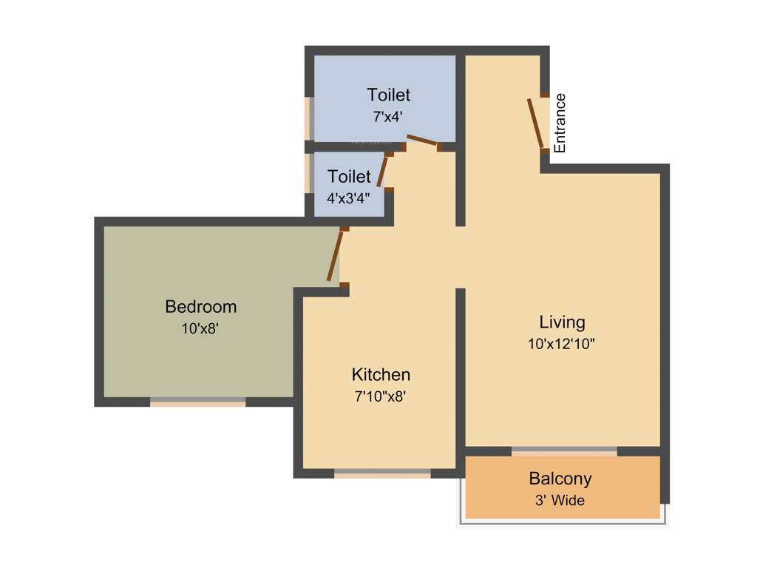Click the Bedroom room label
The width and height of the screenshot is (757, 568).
pos(200,306)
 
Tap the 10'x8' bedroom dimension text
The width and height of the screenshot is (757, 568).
pos(200,329)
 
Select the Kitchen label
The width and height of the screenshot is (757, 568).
pos(381,374)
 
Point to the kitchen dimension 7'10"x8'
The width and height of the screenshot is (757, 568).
pos(381,396)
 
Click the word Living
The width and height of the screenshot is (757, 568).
pos(562,322)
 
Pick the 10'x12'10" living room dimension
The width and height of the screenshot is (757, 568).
pos(562,344)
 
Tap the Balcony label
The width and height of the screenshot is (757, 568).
pos(560,479)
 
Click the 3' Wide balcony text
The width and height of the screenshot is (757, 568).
pos(560,501)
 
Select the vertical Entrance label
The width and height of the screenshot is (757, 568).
pos(560,123)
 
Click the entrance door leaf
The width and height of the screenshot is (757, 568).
pos(536,123)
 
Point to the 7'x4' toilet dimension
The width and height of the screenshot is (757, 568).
pos(388,117)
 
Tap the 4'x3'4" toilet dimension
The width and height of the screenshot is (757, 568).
pos(349,198)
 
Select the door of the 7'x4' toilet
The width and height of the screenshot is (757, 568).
pos(423,141)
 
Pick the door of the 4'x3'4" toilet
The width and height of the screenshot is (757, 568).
pos(382,172)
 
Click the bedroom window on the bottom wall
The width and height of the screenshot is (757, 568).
pos(197,402)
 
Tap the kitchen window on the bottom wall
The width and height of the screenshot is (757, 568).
pos(382,473)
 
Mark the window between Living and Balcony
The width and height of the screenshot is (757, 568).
pos(564,450)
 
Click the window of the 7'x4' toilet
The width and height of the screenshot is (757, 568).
pos(309,118)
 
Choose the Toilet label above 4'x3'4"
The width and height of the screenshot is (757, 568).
pos(349,177)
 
